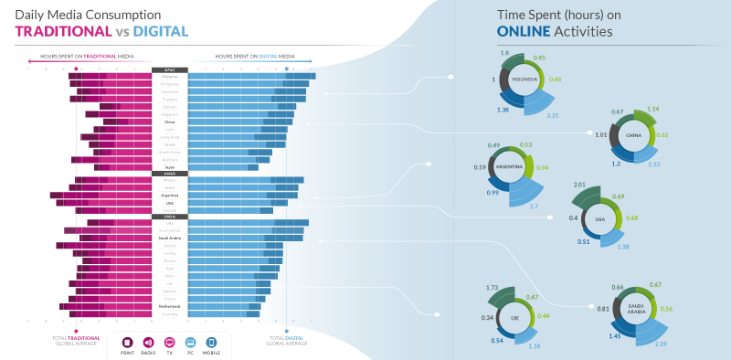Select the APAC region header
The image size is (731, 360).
pos(170,69)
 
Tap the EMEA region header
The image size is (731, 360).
pos(170,216)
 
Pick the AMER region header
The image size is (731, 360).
pos(170,173)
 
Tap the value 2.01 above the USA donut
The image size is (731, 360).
pos(578,185)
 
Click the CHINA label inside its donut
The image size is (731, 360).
pos(633,135)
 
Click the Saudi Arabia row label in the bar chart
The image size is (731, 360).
pos(170,238)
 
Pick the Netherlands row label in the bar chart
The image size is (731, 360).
pos(170,306)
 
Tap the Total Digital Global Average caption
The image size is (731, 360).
pos(287,342)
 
